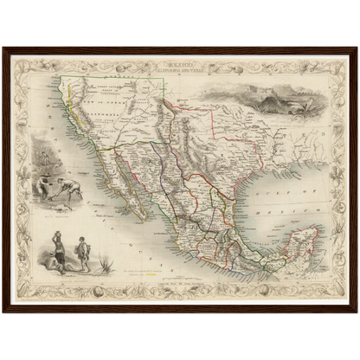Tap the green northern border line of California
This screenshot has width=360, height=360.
click(x=121, y=78)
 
